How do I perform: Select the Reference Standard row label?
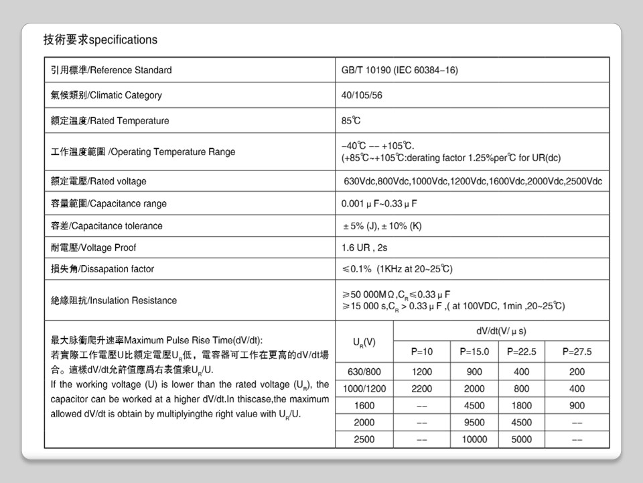click(x=111, y=70)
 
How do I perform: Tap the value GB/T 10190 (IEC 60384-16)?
click(x=400, y=70)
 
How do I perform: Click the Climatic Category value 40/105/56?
click(x=362, y=95)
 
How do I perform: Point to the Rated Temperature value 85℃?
click(x=351, y=121)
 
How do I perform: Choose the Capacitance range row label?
click(x=109, y=203)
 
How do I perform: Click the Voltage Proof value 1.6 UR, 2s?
click(x=364, y=248)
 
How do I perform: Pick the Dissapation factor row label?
click(x=102, y=269)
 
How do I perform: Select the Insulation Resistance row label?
click(x=114, y=301)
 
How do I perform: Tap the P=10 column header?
click(x=422, y=352)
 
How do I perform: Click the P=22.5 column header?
click(x=522, y=352)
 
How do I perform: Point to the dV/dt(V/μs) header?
click(x=501, y=331)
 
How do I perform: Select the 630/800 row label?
click(x=364, y=372)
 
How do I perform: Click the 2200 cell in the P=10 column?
click(x=422, y=388)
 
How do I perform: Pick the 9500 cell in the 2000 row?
click(x=474, y=423)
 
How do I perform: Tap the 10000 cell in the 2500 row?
click(x=474, y=439)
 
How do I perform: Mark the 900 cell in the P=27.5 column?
click(x=577, y=405)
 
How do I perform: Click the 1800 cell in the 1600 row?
click(x=522, y=405)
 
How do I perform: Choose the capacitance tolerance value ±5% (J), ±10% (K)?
click(x=382, y=226)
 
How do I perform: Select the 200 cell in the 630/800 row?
click(x=577, y=372)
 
